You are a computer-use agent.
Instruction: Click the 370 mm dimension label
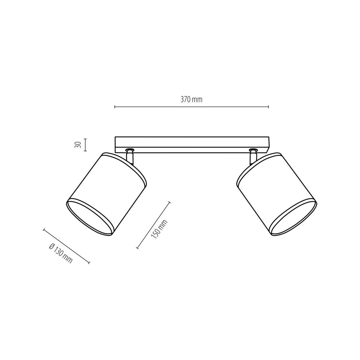[191, 100]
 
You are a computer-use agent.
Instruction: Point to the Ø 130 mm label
[60, 253]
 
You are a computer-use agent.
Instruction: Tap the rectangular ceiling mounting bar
[192, 144]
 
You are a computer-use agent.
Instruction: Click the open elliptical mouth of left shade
[90, 217]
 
